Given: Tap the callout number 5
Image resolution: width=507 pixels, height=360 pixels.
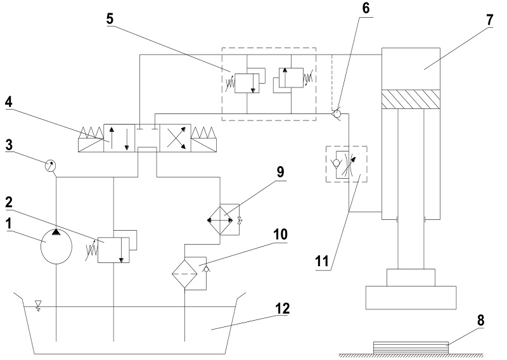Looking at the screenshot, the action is pyautogui.click(x=110, y=19).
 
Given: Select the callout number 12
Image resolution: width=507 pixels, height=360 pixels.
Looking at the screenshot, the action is pyautogui.click(x=282, y=309).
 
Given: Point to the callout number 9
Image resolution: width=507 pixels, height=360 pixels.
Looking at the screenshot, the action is pyautogui.click(x=280, y=171).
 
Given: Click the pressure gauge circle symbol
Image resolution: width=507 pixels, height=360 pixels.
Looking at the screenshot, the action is pyautogui.click(x=50, y=165).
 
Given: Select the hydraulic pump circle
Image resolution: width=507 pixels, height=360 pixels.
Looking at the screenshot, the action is pyautogui.click(x=56, y=246).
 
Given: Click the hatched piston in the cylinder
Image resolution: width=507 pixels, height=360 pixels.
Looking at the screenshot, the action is pyautogui.click(x=411, y=99).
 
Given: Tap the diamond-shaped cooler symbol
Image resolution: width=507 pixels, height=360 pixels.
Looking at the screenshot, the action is pyautogui.click(x=220, y=221).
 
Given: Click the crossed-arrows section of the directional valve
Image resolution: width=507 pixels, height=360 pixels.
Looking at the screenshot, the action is pyautogui.click(x=176, y=138).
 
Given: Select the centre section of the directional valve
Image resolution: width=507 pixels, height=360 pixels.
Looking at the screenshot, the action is pyautogui.click(x=147, y=138).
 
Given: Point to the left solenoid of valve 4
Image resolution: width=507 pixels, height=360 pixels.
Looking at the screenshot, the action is pyautogui.click(x=91, y=139).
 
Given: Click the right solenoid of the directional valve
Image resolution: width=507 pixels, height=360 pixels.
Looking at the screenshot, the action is pyautogui.click(x=204, y=139).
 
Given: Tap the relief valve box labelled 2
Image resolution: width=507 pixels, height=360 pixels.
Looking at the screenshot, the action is pyautogui.click(x=113, y=250).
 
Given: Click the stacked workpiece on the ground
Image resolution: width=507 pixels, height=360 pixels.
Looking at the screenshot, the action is pyautogui.click(x=411, y=348).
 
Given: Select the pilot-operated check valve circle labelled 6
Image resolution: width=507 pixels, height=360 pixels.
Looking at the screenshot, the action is pyautogui.click(x=337, y=114).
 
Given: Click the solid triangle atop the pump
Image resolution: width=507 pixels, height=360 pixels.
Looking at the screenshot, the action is pyautogui.click(x=56, y=231).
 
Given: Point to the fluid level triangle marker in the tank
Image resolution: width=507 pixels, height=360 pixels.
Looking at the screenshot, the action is pyautogui.click(x=38, y=304).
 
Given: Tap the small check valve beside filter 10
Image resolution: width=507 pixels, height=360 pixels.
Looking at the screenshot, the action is pyautogui.click(x=206, y=269).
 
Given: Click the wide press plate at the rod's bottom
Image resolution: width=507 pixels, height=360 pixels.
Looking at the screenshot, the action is pyautogui.click(x=411, y=298).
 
